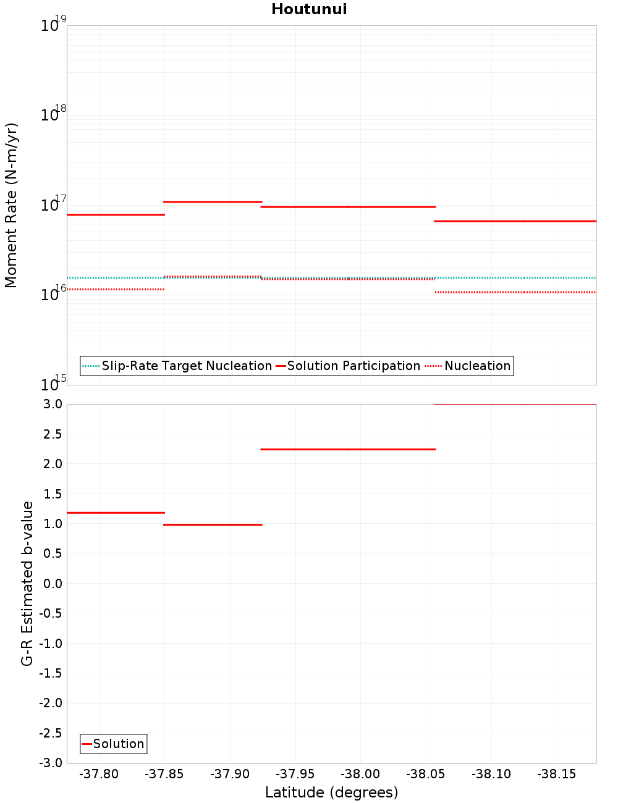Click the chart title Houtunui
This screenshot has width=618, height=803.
coord(309,9)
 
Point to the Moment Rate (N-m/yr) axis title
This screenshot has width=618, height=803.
coord(11,205)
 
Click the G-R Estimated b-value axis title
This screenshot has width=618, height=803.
coord(27,583)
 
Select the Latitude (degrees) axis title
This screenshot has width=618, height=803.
coord(331,792)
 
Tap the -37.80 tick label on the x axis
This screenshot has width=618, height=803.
coord(99,774)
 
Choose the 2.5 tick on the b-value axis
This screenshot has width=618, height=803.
coord(53,434)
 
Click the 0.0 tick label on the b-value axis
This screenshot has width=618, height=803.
coord(53,584)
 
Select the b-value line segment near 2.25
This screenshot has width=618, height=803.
coord(348,449)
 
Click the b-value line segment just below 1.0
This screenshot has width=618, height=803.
coord(213,524)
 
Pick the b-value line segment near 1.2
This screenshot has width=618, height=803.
coord(116,513)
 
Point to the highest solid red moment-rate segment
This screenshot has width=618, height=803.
coord(213,202)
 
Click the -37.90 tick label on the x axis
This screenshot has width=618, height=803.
coord(230,774)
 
